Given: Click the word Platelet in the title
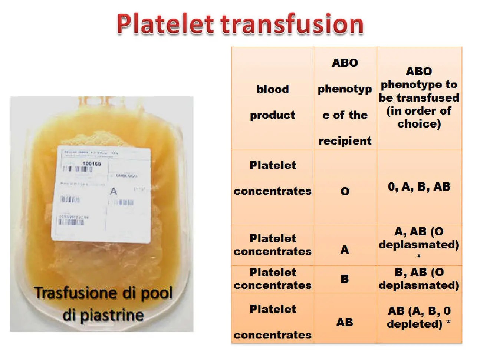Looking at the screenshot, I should pyautogui.click(x=165, y=24).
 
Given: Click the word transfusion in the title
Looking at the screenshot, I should pyautogui.click(x=292, y=24).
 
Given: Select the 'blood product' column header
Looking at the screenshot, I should pyautogui.click(x=273, y=102).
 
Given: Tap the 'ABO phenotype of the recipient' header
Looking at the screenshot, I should pyautogui.click(x=345, y=102).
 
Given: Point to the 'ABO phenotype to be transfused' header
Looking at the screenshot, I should pyautogui.click(x=419, y=98).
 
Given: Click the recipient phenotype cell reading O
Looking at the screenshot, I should pyautogui.click(x=345, y=191).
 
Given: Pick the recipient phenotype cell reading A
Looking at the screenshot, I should pyautogui.click(x=345, y=250).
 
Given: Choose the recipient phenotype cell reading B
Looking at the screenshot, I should pyautogui.click(x=345, y=279).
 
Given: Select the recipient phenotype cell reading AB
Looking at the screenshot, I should pyautogui.click(x=345, y=322).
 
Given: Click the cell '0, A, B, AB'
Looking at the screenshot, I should pyautogui.click(x=419, y=186).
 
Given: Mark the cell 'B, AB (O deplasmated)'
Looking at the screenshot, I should pyautogui.click(x=419, y=279).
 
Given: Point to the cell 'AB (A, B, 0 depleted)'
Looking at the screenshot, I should pyautogui.click(x=419, y=317).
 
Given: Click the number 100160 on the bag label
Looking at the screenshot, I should pyautogui.click(x=91, y=164).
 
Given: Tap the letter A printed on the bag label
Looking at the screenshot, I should pyautogui.click(x=114, y=191).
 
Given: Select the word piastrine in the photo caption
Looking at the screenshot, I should pyautogui.click(x=112, y=316).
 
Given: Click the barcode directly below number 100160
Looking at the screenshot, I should pyautogui.click(x=78, y=169).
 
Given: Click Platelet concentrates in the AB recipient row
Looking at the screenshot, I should pyautogui.click(x=273, y=322).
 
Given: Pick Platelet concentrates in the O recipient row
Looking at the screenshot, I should pyautogui.click(x=273, y=178).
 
